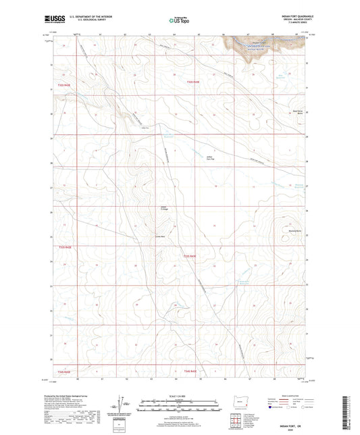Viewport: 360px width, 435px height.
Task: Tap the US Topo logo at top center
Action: [x=178, y=20]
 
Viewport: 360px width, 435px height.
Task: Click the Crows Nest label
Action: [x=161, y=236]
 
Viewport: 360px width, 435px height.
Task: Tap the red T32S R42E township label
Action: [x=63, y=85]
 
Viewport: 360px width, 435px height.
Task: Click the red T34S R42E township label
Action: [x=63, y=371]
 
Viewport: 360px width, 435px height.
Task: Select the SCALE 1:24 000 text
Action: [x=178, y=395]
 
